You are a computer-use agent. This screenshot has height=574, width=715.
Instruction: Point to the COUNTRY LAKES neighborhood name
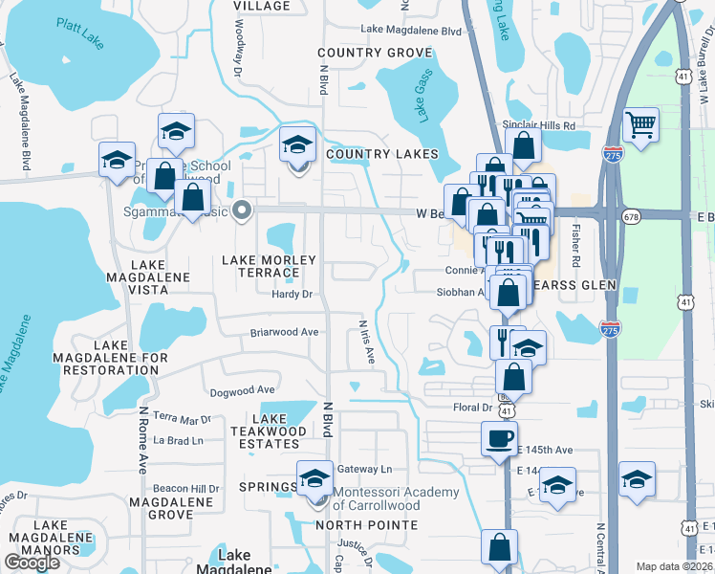pos(381,154)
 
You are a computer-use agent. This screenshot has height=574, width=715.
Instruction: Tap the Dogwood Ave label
pos(242,390)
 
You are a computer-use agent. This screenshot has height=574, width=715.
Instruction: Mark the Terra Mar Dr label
pos(181,419)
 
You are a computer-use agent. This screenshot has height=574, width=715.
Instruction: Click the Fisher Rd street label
pos(576,244)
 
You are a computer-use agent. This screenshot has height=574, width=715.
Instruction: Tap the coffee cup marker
pos(499,439)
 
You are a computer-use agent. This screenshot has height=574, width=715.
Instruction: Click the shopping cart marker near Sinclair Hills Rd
pos(639,124)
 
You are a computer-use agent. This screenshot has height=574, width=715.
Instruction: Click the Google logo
pos(32,563)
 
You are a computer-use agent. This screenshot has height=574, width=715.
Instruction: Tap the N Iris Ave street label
pos(366,342)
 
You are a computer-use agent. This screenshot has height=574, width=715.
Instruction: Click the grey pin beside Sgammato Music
pos(243,211)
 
